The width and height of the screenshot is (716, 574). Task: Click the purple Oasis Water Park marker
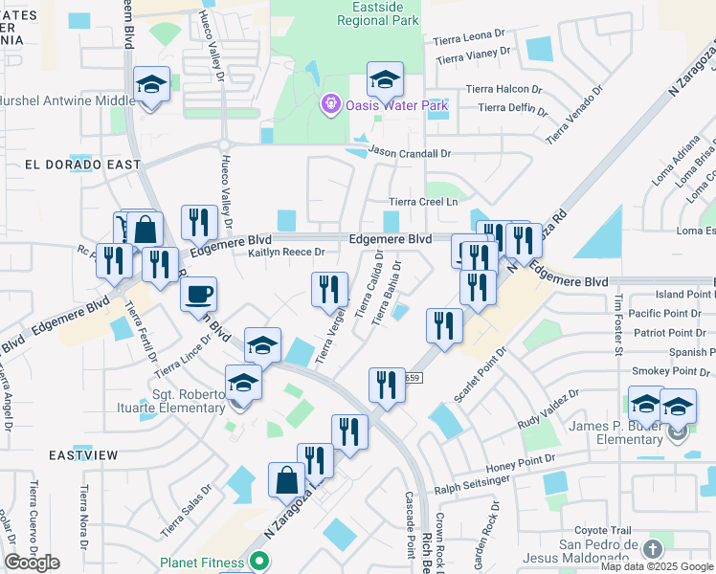(x=331, y=103)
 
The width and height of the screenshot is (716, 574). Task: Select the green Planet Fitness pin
(x=257, y=563)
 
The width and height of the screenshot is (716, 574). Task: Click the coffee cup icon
(x=199, y=295)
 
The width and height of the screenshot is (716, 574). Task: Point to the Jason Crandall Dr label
(x=410, y=153)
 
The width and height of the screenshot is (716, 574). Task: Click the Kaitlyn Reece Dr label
(x=287, y=253)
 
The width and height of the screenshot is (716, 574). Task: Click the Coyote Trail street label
(x=603, y=530)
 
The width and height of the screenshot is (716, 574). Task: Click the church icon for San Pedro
(x=652, y=549)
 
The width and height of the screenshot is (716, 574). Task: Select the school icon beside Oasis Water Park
(x=385, y=79)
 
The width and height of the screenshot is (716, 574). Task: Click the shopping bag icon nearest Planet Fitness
(x=287, y=479)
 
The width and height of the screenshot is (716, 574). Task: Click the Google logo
(x=32, y=563)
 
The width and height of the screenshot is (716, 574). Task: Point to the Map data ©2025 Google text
(x=657, y=566)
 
